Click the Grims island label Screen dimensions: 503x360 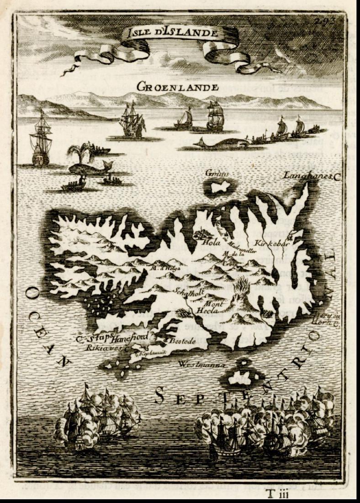click(217, 174)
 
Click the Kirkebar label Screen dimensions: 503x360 click(273, 243)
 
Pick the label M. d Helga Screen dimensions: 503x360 click(163, 268)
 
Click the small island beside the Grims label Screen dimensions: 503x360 click(220, 187)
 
